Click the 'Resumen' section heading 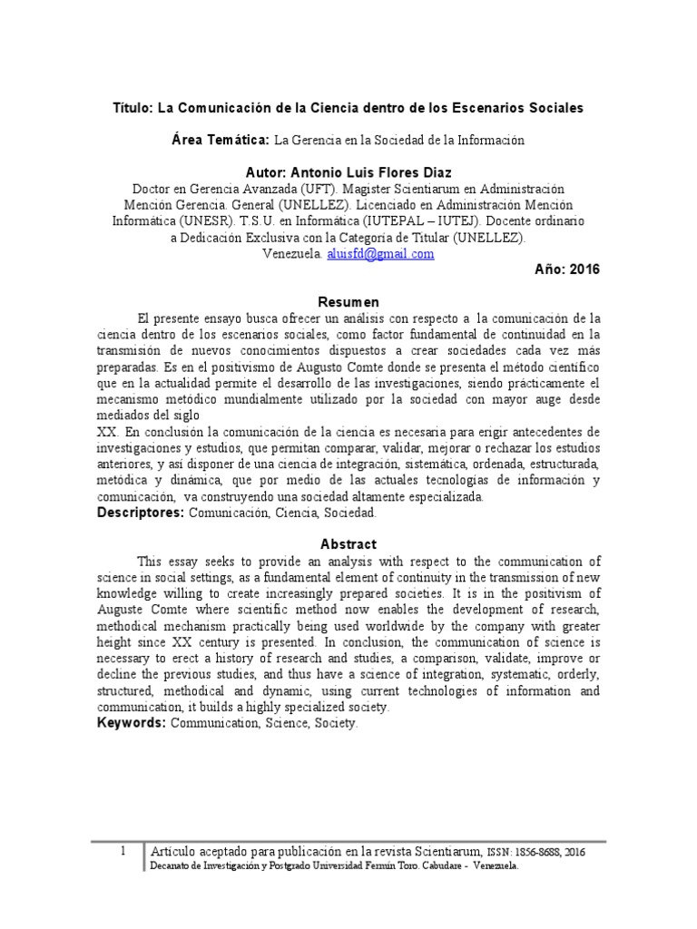point(348,302)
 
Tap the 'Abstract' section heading point(348,544)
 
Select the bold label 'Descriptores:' point(140,513)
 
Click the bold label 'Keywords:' point(132,723)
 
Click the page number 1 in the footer point(123,851)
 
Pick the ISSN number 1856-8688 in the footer point(541,852)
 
